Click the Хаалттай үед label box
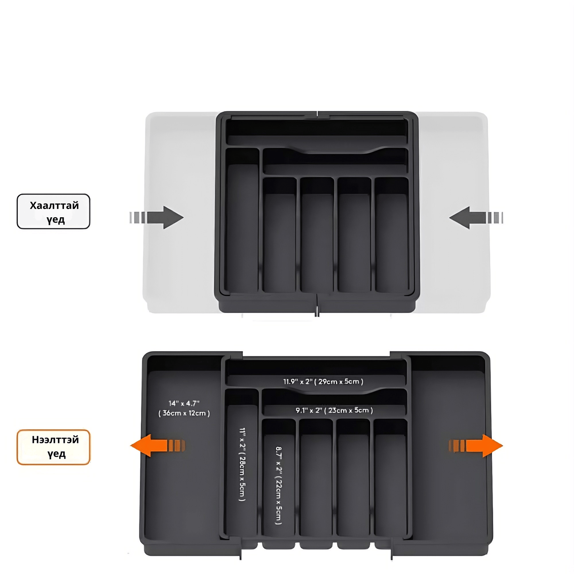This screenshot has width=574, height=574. [53, 211]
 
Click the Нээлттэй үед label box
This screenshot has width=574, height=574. [53, 447]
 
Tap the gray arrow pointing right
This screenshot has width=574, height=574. [157, 217]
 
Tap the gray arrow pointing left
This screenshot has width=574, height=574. [476, 217]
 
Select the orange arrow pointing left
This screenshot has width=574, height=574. [158, 446]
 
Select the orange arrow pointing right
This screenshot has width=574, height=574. [476, 446]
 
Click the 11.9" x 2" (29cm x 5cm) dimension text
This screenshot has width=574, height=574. [323, 382]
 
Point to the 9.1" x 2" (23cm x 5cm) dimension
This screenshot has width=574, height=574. [334, 410]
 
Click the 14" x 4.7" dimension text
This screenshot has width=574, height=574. [184, 403]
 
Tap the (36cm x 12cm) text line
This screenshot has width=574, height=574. [184, 414]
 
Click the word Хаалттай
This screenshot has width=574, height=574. [54, 205]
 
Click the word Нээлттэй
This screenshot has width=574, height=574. [55, 440]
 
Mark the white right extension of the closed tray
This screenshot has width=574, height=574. [452, 212]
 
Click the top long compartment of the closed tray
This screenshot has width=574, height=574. [317, 131]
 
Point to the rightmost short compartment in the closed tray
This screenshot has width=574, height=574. [391, 235]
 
